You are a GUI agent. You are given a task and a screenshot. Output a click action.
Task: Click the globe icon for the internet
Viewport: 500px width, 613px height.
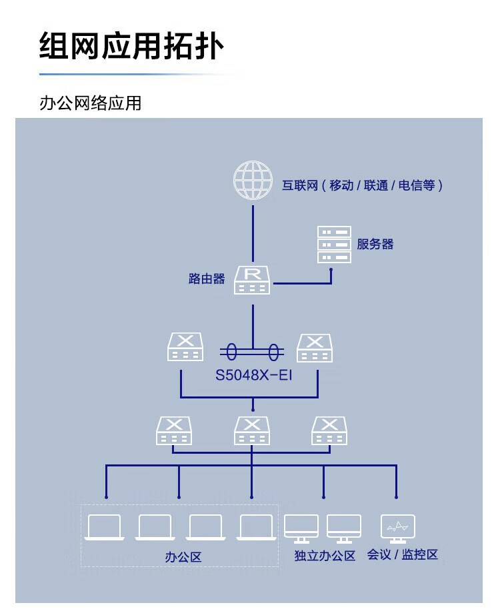[x=253, y=180]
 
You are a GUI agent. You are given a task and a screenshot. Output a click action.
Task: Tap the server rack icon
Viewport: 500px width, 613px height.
[x=334, y=245]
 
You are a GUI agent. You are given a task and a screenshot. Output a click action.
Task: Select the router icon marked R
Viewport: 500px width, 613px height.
[x=252, y=280]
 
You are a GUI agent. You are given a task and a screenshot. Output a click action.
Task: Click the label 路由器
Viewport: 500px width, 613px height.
[x=207, y=279]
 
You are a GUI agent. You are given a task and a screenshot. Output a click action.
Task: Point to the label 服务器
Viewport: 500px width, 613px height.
[x=375, y=245]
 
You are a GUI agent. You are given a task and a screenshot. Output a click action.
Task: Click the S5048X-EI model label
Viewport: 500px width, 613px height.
[x=253, y=375]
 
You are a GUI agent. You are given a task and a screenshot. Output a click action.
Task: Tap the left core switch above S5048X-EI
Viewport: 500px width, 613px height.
[x=185, y=346]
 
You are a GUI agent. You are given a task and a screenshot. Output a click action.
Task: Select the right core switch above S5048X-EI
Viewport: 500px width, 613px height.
[x=315, y=348]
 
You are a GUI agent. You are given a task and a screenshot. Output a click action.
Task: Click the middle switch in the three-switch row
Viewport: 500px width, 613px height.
[x=252, y=430]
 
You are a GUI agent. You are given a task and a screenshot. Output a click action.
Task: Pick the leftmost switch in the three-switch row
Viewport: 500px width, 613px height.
[x=174, y=430]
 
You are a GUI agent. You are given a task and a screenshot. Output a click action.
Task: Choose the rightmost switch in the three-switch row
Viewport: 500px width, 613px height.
[x=329, y=430]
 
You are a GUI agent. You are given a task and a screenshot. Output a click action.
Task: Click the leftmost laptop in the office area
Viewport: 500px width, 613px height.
[x=105, y=528]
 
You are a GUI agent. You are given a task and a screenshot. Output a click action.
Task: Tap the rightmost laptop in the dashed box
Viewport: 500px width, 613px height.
[x=257, y=528]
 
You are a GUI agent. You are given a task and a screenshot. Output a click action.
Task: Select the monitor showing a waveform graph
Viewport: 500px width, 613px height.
[x=397, y=528]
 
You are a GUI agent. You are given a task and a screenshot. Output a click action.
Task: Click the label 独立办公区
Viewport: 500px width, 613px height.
[x=325, y=556]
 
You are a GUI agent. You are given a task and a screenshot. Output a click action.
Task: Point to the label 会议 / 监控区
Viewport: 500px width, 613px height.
[x=402, y=554]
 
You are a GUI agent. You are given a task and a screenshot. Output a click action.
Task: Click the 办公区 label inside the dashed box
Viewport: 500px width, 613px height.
[x=183, y=557]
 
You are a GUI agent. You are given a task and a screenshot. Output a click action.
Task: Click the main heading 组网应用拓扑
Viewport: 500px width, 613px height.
[x=131, y=46]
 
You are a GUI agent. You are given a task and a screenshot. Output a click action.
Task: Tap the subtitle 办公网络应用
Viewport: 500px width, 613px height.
[x=91, y=103]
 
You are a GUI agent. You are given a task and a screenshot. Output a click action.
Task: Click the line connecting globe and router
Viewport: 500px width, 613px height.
[x=253, y=234]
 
